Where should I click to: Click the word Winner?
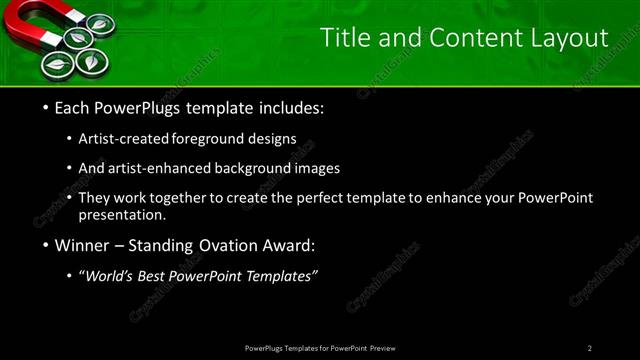point(84,245)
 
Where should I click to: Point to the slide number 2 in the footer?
point(590,348)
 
